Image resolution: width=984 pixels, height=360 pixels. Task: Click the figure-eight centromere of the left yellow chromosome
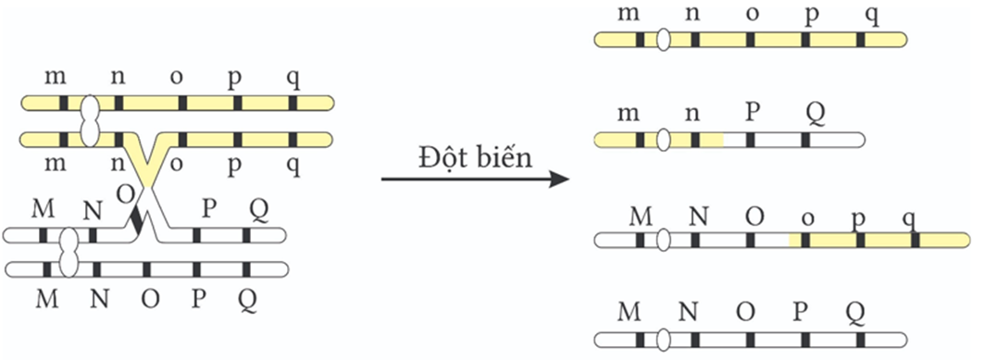(x=90, y=121)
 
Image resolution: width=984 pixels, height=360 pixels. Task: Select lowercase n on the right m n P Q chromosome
(x=693, y=116)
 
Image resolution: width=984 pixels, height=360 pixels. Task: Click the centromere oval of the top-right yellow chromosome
(x=664, y=40)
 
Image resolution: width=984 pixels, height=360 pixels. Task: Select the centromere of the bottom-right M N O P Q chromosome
(x=664, y=338)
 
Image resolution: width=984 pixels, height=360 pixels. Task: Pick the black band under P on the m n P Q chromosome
(x=751, y=141)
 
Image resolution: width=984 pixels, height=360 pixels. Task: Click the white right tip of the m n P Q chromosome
(x=857, y=141)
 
